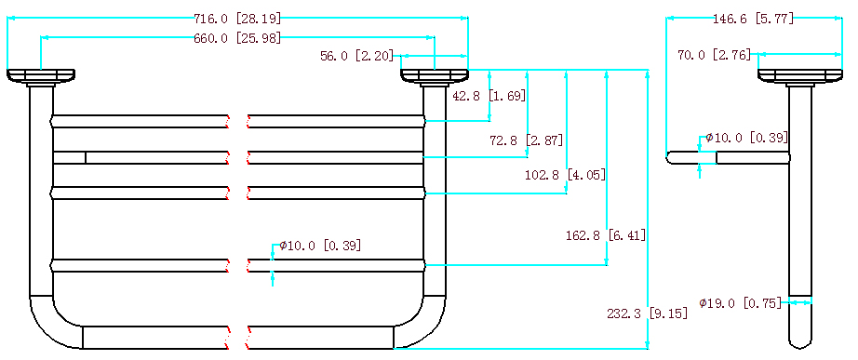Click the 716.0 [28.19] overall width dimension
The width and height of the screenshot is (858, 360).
(x=237, y=19)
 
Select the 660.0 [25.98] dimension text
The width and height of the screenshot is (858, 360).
(x=237, y=38)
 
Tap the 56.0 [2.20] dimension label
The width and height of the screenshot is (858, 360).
(x=356, y=56)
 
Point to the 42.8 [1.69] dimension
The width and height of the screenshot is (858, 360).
(x=489, y=96)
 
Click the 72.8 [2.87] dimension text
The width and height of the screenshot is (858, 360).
(x=526, y=140)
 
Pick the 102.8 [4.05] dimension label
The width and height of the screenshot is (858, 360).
(x=565, y=175)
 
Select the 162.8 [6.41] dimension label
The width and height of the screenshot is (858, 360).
(x=606, y=235)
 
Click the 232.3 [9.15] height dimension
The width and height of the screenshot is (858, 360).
(x=648, y=313)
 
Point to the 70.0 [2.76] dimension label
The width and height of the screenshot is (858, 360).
(x=714, y=55)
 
